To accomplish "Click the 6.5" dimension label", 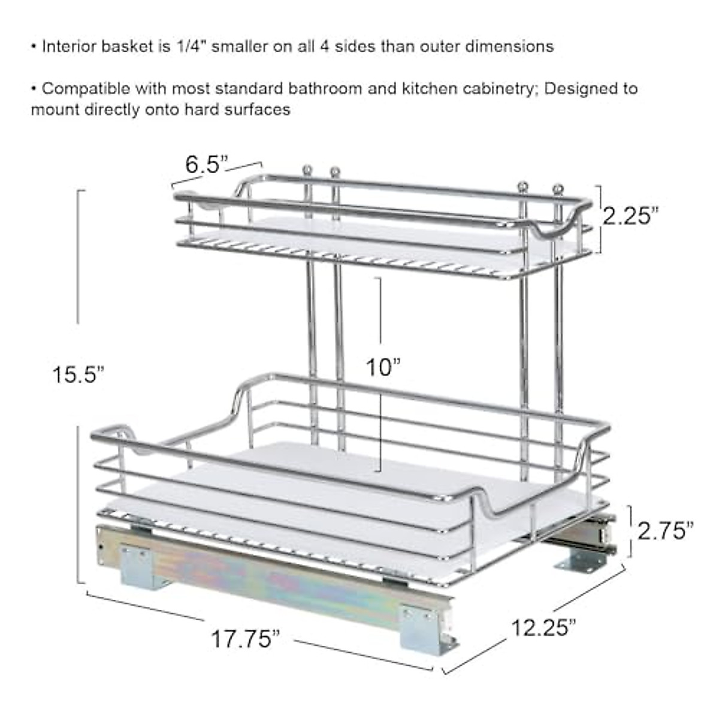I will pyautogui.click(x=206, y=164).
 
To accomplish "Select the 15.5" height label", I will pyautogui.click(x=78, y=375).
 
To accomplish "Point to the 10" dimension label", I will pyautogui.click(x=383, y=367).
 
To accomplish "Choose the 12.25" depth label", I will pyautogui.click(x=543, y=627).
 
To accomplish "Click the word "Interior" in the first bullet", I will pyautogui.click(x=67, y=47).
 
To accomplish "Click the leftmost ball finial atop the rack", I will pyautogui.click(x=307, y=170).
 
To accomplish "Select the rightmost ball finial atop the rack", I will pyautogui.click(x=559, y=188).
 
